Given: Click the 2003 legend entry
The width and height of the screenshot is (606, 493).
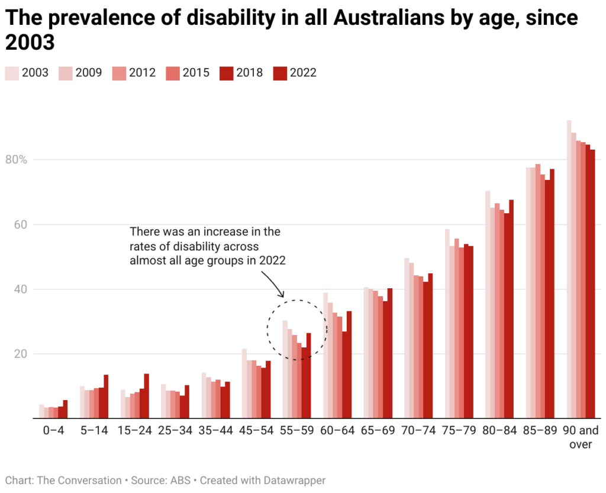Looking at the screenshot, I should pos(27,73).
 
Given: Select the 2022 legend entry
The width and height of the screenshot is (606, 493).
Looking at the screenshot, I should pos(295,73).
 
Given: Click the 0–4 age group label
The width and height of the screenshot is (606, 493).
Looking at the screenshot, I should pos(53,430).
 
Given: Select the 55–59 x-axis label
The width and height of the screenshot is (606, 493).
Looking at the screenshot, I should pos(296,430).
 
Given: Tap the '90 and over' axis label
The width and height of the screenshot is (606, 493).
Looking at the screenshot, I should pos(581,437).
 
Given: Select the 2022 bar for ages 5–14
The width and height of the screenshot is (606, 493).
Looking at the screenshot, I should pos(106,397).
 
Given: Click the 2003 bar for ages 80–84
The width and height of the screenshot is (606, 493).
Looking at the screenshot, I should pos(488,305).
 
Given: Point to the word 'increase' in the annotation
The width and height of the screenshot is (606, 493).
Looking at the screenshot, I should pos(218,231).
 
